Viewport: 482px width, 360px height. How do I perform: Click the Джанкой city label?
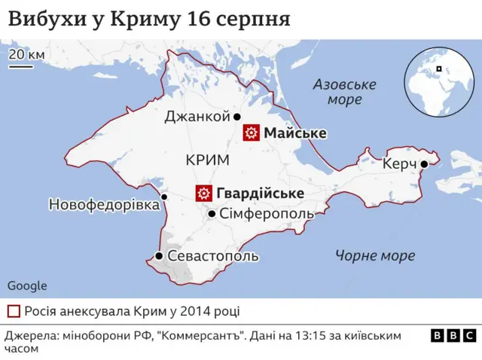click(x=197, y=117)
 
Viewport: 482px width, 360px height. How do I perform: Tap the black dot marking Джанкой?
click(x=236, y=117)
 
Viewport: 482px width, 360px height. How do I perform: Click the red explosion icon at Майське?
click(x=250, y=133)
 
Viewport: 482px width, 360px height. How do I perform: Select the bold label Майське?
click(x=294, y=133)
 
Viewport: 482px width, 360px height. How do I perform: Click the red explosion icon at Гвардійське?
click(x=203, y=194)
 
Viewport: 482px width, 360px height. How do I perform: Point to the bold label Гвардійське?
click(x=260, y=194)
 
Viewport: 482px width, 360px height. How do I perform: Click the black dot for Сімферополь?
click(x=212, y=215)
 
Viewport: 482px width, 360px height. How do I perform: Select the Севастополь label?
click(x=213, y=256)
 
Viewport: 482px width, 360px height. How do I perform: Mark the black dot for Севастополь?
click(x=159, y=256)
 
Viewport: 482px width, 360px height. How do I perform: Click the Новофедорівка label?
click(x=104, y=205)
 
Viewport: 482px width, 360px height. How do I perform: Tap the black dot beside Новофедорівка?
click(x=165, y=197)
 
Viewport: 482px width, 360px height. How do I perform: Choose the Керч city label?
click(x=399, y=164)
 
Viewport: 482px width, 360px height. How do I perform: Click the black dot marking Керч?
click(x=425, y=164)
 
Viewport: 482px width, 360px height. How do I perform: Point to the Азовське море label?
click(x=338, y=92)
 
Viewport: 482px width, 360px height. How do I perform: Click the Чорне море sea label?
click(x=375, y=256)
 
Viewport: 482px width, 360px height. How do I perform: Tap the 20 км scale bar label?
click(x=26, y=55)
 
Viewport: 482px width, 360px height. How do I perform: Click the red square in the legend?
click(x=14, y=311)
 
